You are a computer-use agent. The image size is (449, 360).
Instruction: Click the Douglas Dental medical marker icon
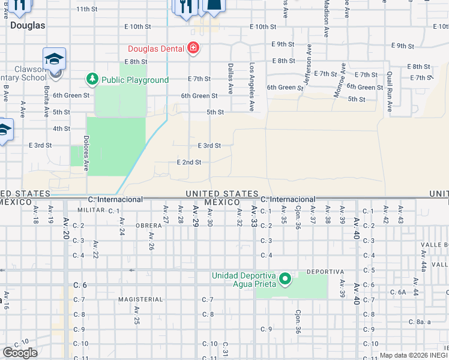[x=193, y=48]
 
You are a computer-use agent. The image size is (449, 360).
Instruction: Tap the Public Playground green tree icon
[x=92, y=79]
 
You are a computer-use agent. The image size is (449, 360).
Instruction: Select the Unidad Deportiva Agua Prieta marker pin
[x=286, y=279]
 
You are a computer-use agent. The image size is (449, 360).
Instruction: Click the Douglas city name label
[x=28, y=26]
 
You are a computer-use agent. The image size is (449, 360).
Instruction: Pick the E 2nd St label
[x=188, y=162]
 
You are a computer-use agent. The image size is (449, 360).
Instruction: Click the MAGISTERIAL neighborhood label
[x=140, y=299]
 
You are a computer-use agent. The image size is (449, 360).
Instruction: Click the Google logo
[x=20, y=353]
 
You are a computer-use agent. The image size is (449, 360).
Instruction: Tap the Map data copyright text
[x=413, y=355]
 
